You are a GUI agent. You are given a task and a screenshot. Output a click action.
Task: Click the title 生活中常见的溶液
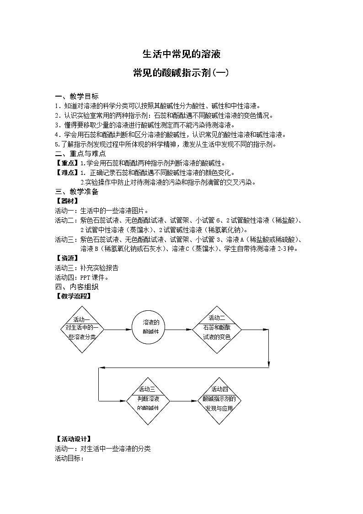[181, 54]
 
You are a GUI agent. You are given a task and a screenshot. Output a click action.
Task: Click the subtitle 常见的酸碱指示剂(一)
[181, 73]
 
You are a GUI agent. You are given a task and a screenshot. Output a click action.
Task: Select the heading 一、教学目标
[76, 96]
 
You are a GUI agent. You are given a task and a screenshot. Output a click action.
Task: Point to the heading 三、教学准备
[76, 192]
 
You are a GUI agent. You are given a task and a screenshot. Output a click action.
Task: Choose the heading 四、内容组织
[76, 287]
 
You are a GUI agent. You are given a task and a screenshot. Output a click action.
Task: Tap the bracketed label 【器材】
[67, 201]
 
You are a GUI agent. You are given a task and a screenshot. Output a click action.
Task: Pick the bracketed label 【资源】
[67, 259]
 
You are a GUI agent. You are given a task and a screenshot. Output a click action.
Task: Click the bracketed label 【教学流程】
[73, 296]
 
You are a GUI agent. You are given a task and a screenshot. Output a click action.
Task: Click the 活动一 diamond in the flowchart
[82, 328]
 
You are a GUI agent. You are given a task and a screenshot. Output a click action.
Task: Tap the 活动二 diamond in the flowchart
[217, 328]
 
